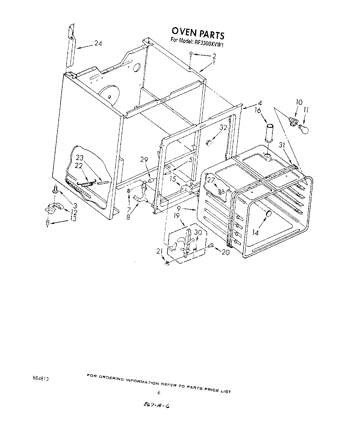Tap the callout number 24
98,44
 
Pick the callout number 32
223,127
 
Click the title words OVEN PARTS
198,33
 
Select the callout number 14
255,233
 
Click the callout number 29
144,160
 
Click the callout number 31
282,145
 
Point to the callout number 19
176,215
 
